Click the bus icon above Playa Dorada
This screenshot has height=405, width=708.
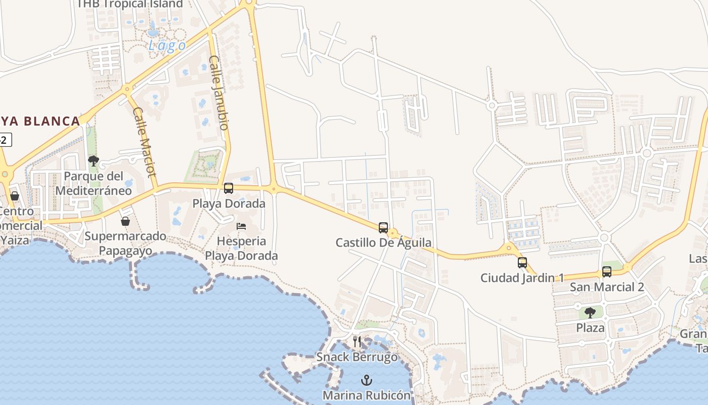click(x=229, y=188)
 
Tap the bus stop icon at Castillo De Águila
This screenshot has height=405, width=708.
click(x=383, y=228)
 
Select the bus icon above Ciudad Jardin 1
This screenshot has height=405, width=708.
click(x=522, y=263)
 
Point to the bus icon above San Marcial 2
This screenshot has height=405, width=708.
click(x=607, y=272)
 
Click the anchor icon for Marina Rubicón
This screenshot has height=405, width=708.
click(x=367, y=380)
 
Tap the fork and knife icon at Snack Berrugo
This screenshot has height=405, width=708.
click(x=357, y=342)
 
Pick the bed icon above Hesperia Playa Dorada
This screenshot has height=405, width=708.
click(x=241, y=226)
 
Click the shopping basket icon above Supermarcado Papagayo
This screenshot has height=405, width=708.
click(x=125, y=221)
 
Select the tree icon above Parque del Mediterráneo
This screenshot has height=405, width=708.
click(x=94, y=161)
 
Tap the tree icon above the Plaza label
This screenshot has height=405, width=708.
click(x=590, y=312)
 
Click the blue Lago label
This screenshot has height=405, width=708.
click(x=167, y=46)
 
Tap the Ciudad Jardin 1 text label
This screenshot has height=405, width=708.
click(x=522, y=277)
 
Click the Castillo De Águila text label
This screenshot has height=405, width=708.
click(x=383, y=242)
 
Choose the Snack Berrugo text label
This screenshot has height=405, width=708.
click(x=357, y=357)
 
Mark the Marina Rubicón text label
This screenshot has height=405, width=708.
click(x=367, y=394)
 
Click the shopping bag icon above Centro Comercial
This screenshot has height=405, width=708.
click(x=15, y=196)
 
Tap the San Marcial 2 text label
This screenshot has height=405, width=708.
click(x=607, y=287)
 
